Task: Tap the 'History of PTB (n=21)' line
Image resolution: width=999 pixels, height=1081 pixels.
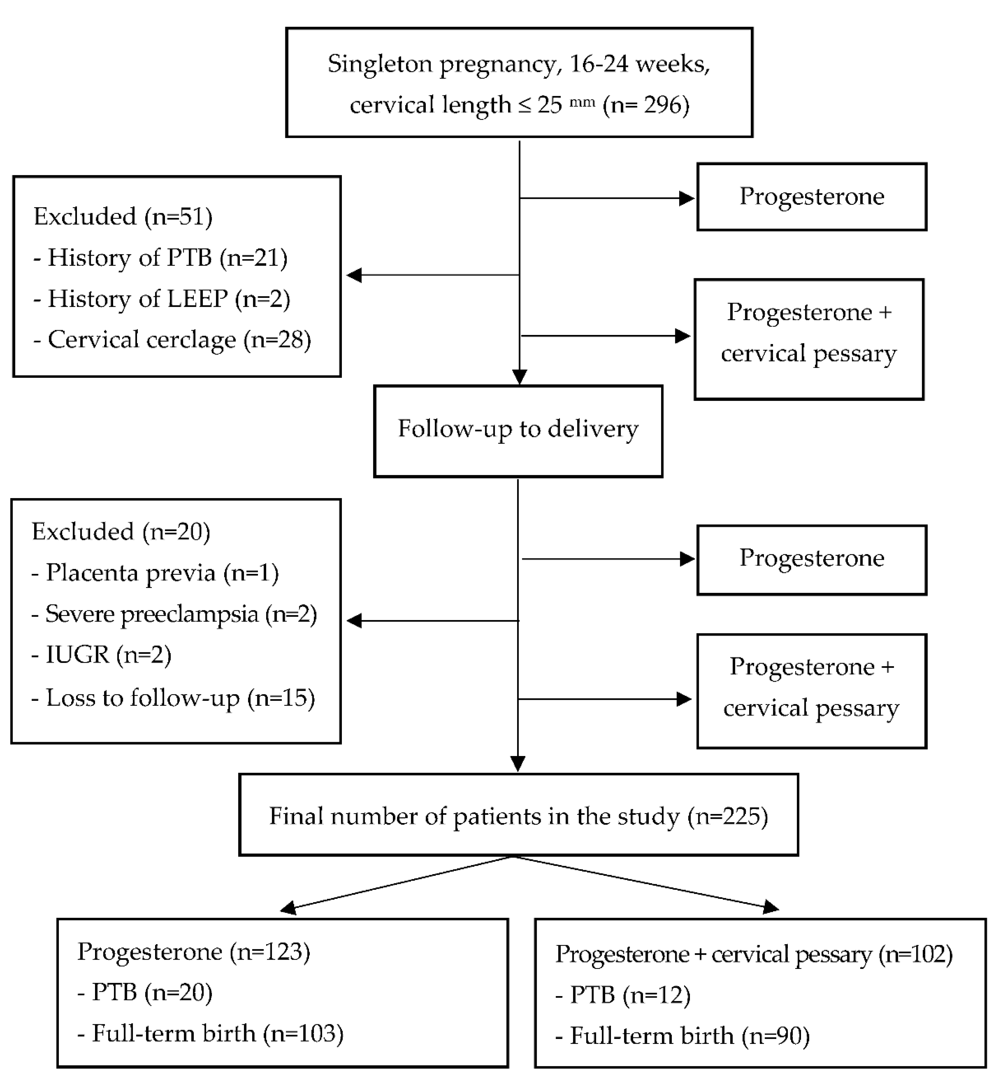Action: pos(161,258)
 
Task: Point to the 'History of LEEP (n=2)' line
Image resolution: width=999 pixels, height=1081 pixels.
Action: pos(162,299)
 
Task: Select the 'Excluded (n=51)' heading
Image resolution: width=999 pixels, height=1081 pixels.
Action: pos(123,217)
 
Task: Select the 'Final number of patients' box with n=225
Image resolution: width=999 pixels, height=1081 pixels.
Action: pos(518,816)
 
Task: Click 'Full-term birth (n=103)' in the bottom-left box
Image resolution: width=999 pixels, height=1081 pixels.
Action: pos(211,1033)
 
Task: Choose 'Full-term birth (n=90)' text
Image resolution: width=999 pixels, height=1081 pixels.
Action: pos(683,1036)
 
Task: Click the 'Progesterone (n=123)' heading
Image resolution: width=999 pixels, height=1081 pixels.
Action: pos(193,951)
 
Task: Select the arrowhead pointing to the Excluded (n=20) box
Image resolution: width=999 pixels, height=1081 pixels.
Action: pos(354,621)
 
